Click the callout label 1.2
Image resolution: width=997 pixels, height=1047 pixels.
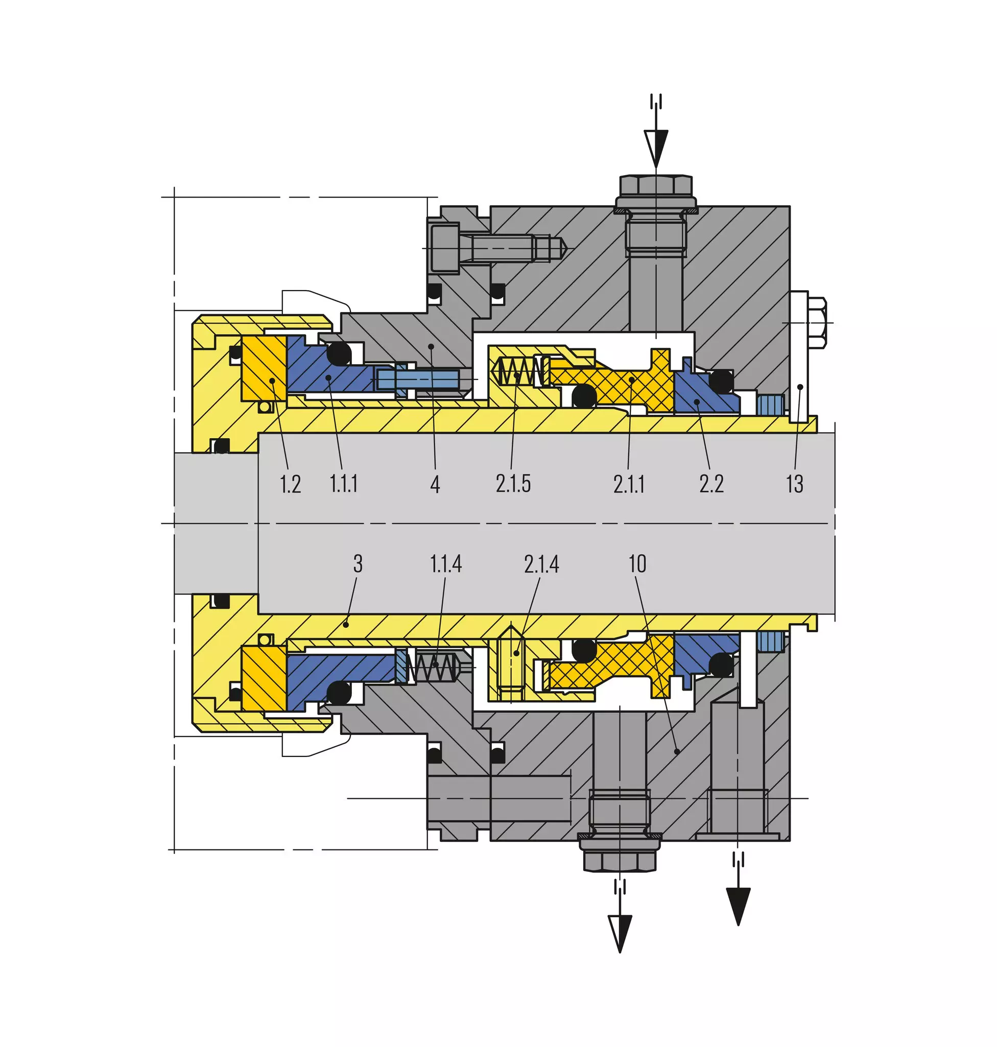290,484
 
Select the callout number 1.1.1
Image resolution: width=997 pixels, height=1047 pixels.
343,484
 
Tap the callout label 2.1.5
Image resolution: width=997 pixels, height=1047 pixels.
513,484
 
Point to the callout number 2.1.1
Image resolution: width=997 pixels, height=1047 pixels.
629,484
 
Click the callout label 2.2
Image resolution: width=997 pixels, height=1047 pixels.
711,484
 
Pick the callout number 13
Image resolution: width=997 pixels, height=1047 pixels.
795,484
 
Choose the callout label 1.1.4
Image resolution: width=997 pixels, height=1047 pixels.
445,563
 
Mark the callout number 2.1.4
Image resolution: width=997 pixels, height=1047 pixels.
541,563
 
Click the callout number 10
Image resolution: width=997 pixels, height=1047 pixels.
637,563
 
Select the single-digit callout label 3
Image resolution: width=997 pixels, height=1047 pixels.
358,563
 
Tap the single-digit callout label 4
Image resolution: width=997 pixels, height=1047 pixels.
435,484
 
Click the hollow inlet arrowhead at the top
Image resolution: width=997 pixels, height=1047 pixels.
656,149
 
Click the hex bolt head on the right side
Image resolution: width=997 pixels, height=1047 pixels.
817,323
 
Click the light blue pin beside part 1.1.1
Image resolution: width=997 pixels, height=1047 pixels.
418,379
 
